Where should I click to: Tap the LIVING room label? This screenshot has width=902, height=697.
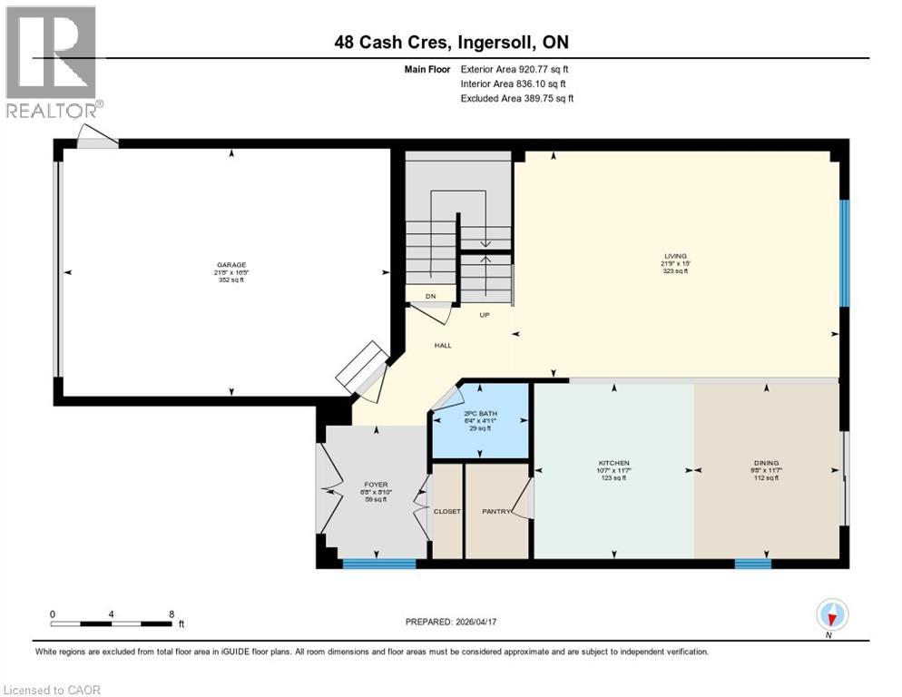[674, 256]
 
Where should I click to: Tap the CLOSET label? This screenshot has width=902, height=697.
[446, 512]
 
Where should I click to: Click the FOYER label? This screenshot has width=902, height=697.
[375, 485]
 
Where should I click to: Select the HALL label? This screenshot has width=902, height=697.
[443, 345]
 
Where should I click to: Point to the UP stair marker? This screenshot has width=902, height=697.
[485, 315]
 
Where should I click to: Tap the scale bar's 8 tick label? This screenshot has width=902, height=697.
[171, 614]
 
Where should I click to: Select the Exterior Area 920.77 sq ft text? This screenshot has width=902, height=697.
[515, 69]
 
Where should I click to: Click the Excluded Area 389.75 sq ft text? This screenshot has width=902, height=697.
[517, 98]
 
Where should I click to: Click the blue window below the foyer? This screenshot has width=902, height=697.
[379, 564]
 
